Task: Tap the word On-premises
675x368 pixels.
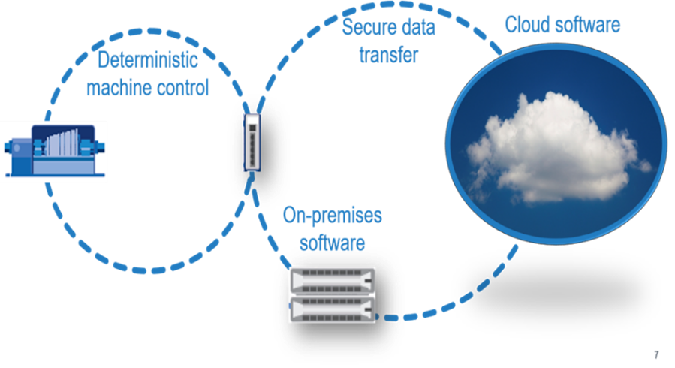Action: click(332, 216)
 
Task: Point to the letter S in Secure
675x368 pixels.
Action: click(348, 28)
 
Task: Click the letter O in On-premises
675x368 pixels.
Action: click(288, 216)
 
